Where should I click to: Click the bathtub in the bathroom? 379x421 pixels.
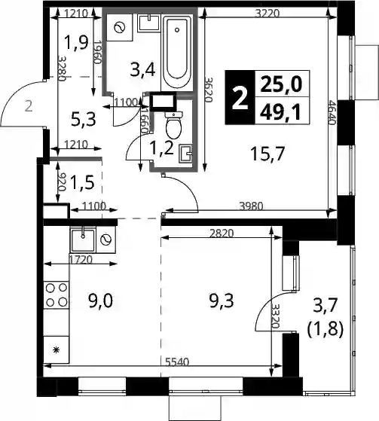[x=177, y=53]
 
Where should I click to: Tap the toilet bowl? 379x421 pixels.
[x=174, y=125]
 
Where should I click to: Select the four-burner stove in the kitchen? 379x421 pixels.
[x=57, y=295]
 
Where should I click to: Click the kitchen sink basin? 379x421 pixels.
[x=83, y=239]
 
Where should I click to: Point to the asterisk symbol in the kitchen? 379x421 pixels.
[x=57, y=350]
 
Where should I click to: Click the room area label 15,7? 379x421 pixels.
[x=267, y=154]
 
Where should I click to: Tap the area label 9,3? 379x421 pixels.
[x=222, y=300]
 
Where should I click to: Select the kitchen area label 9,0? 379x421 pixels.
[x=100, y=300]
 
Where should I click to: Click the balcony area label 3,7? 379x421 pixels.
[x=325, y=307]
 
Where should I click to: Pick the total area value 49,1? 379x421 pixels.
[x=281, y=112]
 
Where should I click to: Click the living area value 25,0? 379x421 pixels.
[x=281, y=85]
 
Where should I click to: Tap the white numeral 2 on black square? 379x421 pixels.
[x=240, y=99]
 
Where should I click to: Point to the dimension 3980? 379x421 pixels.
[x=251, y=206]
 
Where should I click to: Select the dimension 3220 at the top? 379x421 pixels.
[x=267, y=13]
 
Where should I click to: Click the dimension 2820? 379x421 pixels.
[x=222, y=233]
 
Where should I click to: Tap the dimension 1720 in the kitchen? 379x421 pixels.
[x=81, y=260]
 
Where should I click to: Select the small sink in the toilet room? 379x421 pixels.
[x=185, y=154]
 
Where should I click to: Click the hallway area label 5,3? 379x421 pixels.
[x=84, y=120]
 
